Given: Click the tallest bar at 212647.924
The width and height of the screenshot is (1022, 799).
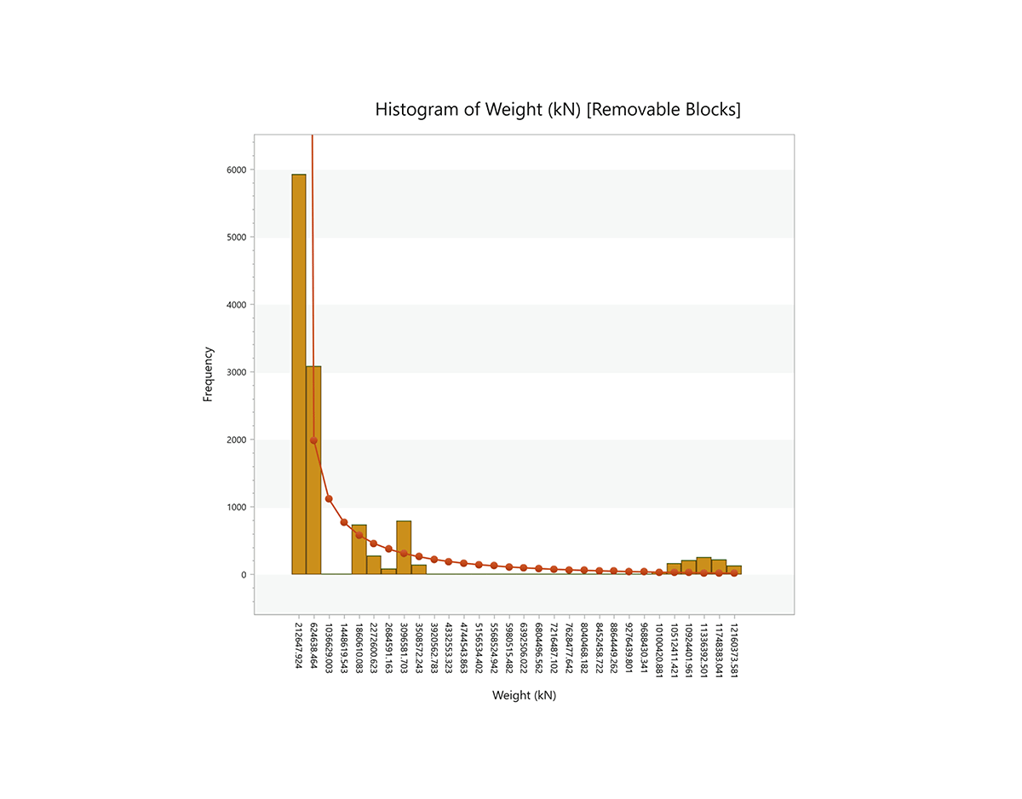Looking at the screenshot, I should click(x=299, y=375).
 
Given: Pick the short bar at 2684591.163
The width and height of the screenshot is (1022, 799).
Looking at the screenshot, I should click(x=388, y=572).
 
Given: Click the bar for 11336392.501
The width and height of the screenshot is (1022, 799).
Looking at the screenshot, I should click(x=703, y=566).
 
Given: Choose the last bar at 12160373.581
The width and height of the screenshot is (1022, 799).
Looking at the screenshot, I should click(x=734, y=570).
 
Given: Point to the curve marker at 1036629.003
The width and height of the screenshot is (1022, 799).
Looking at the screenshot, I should click(x=329, y=499).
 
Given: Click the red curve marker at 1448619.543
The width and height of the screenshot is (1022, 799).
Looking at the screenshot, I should click(x=344, y=522).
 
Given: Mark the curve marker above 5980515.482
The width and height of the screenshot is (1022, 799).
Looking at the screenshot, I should click(x=508, y=566).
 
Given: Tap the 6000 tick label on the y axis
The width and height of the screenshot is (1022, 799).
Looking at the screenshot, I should click(x=236, y=170).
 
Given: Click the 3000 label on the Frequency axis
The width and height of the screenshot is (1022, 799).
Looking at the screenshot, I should click(x=236, y=372).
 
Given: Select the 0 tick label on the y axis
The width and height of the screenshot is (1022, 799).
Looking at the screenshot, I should click(x=243, y=575).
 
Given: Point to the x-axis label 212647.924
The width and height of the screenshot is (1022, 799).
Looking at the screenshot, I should click(x=299, y=647).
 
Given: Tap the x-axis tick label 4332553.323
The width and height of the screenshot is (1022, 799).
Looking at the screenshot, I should click(x=449, y=647).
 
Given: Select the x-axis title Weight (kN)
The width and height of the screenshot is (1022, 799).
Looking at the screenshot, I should click(x=524, y=695).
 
